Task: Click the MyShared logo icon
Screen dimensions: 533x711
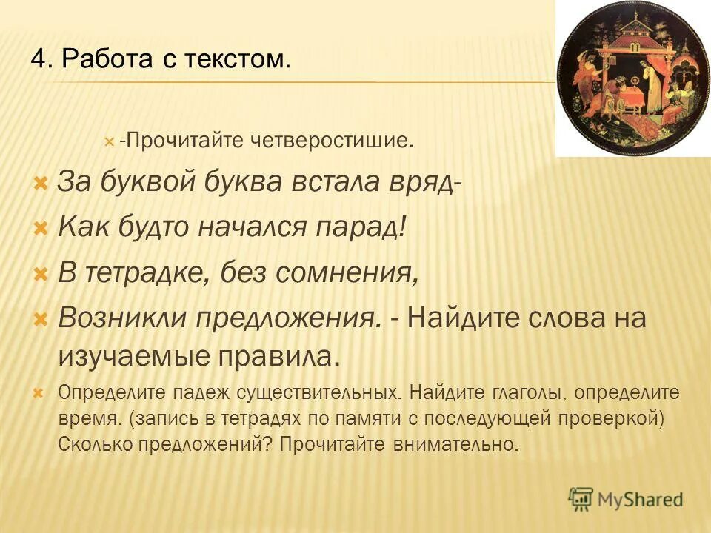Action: tap(581, 497)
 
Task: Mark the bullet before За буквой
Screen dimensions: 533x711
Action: tap(41, 182)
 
